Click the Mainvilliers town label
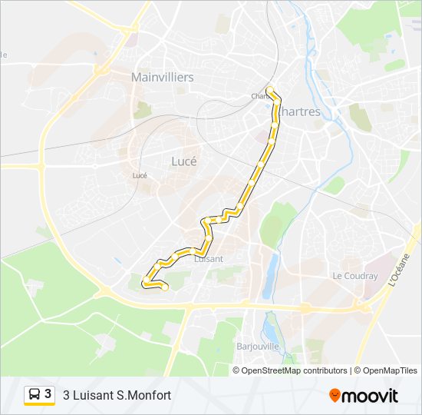(162, 78)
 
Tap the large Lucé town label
(183, 162)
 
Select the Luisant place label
(209, 259)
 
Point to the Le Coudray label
(354, 276)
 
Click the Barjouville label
(259, 345)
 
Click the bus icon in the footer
(35, 395)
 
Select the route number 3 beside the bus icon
(48, 394)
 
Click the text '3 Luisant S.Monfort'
(117, 396)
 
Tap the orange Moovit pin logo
(335, 396)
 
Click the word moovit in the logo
(370, 397)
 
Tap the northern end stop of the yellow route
(270, 90)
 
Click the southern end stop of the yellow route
(164, 287)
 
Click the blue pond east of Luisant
(271, 275)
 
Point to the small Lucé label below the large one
(140, 175)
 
